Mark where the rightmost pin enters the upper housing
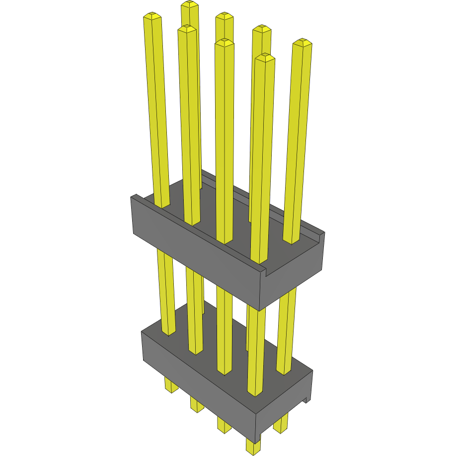[x=291, y=241]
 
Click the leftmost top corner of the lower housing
[x=142, y=332]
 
